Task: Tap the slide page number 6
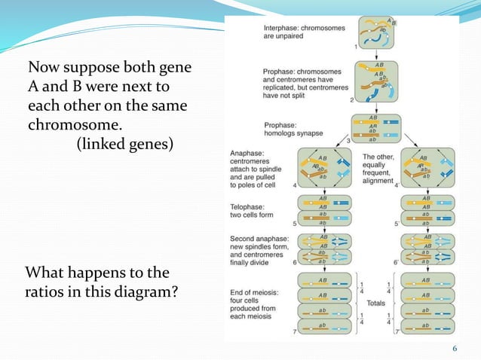coord(455,348)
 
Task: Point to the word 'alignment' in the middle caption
coord(378,181)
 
